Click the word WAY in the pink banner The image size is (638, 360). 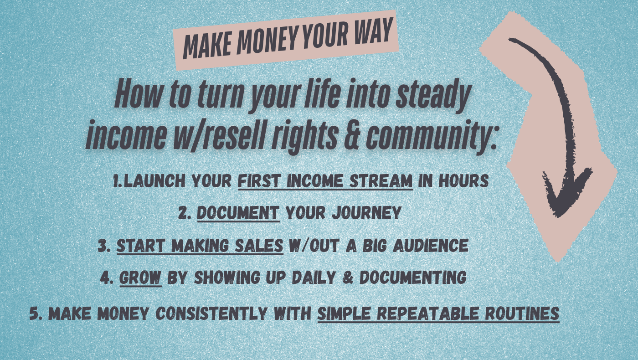tap(374, 31)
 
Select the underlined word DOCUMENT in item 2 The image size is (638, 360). tap(238, 213)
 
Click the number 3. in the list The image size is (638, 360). tap(104, 246)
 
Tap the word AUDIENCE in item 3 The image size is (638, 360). tap(431, 245)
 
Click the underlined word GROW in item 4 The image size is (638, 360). tap(140, 278)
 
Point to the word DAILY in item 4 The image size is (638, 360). tap(314, 278)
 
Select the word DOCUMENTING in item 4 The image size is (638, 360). tap(413, 278)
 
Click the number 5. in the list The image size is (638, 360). tap(36, 314)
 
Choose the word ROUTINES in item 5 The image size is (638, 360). tap(522, 314)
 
